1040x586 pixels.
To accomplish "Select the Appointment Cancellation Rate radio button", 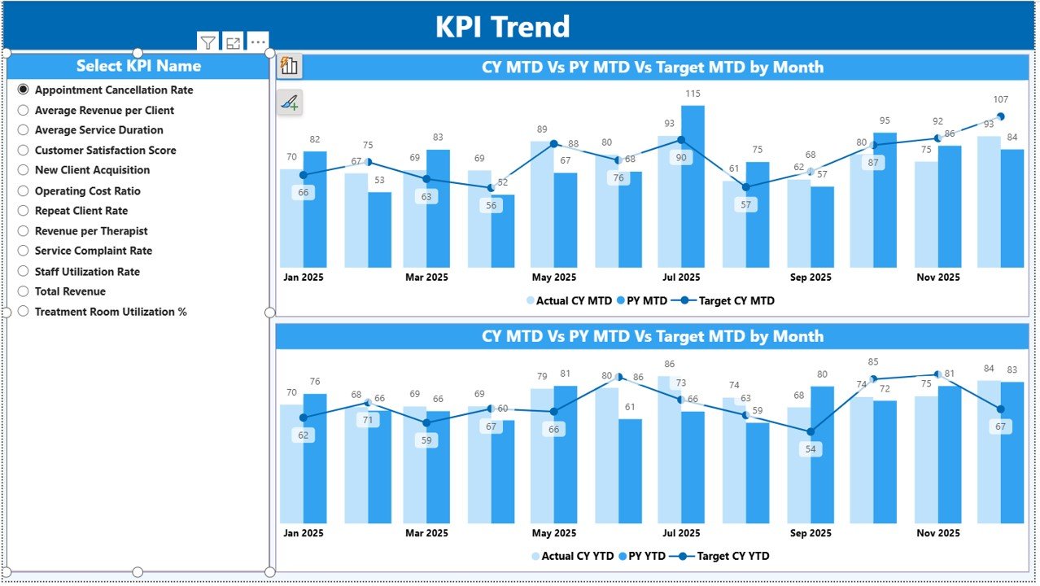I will [24, 90].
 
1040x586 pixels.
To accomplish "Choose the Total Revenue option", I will [24, 291].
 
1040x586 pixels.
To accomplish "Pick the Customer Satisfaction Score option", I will [24, 151].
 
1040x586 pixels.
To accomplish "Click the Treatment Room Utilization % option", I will [24, 312].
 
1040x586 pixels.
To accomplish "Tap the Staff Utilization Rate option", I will [24, 272].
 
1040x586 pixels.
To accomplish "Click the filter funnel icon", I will [208, 43].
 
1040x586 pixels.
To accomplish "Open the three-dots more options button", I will [258, 42].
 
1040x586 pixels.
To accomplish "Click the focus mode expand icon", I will [234, 43].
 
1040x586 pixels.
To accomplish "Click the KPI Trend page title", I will [502, 27].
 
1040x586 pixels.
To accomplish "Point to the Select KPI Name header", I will [138, 66].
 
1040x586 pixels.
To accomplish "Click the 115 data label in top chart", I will [693, 94].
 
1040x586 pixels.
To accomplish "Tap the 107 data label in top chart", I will [1000, 100].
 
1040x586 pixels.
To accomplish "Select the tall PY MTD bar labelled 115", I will [693, 187].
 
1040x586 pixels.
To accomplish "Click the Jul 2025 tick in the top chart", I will [681, 278].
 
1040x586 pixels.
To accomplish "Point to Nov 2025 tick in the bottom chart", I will [937, 533].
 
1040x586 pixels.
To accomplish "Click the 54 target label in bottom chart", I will [810, 449].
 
